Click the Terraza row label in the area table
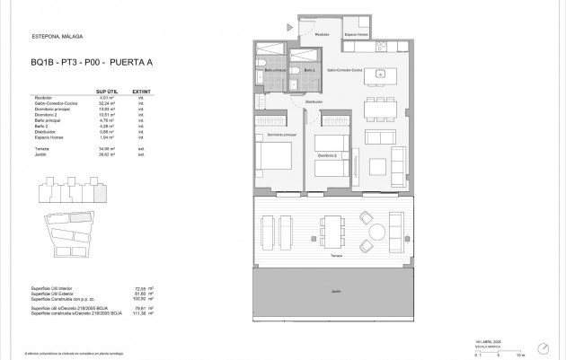pyautogui.click(x=41, y=148)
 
